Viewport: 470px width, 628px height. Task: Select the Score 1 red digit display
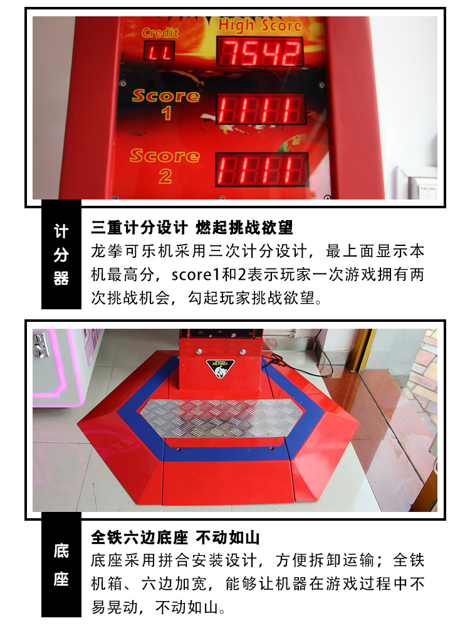[x=261, y=110]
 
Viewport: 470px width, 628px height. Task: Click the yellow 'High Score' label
[x=260, y=25]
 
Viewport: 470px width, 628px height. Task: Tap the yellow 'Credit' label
[x=160, y=33]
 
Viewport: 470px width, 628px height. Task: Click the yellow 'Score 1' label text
[x=165, y=104]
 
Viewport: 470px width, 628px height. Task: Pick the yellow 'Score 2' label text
[x=164, y=164]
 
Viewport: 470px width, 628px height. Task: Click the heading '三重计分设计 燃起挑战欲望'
[x=192, y=227]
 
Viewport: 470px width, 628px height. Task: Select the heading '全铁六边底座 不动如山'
[x=175, y=538]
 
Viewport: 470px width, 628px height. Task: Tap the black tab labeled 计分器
[x=61, y=255]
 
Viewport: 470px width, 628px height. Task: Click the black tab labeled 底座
[x=61, y=565]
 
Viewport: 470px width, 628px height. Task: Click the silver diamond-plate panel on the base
[x=219, y=417]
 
